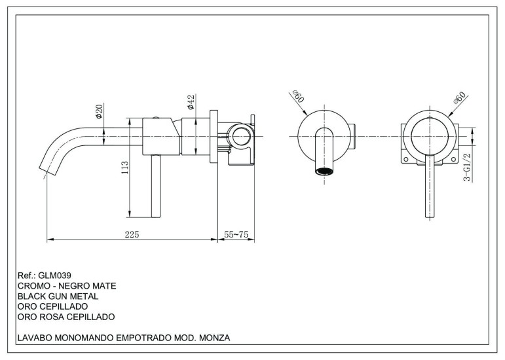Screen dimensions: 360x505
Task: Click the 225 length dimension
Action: coord(132,234)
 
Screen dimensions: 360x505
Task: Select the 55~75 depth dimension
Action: coord(236,234)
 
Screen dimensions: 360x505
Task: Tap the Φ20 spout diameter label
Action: coord(99,112)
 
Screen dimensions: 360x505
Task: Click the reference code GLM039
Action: coord(54,276)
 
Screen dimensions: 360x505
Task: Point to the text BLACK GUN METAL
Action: coord(56,297)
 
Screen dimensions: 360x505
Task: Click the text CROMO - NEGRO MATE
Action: coord(66,286)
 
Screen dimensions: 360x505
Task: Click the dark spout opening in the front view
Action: coord(323,171)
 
